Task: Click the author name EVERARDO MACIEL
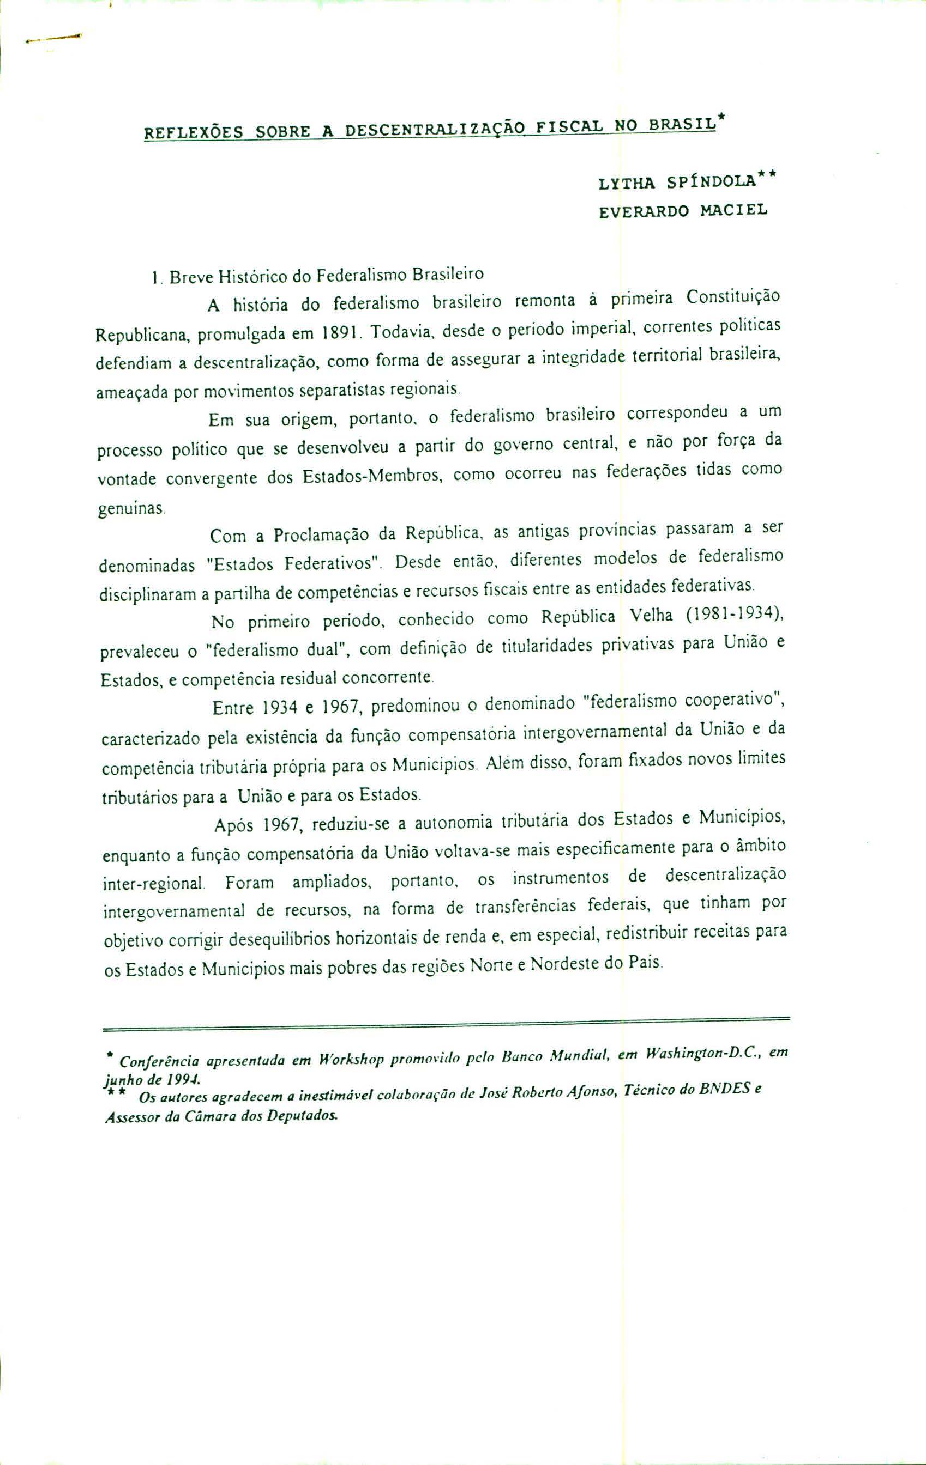pyautogui.click(x=683, y=211)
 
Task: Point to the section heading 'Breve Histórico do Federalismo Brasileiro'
pyautogui.click(x=326, y=276)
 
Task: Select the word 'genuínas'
pyautogui.click(x=130, y=507)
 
